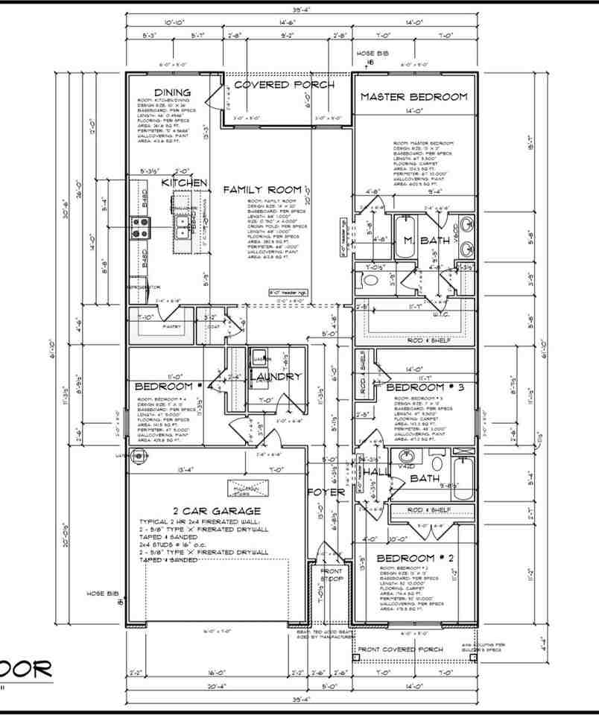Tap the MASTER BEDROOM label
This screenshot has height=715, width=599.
(x=413, y=97)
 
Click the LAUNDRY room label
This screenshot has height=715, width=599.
(x=277, y=377)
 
